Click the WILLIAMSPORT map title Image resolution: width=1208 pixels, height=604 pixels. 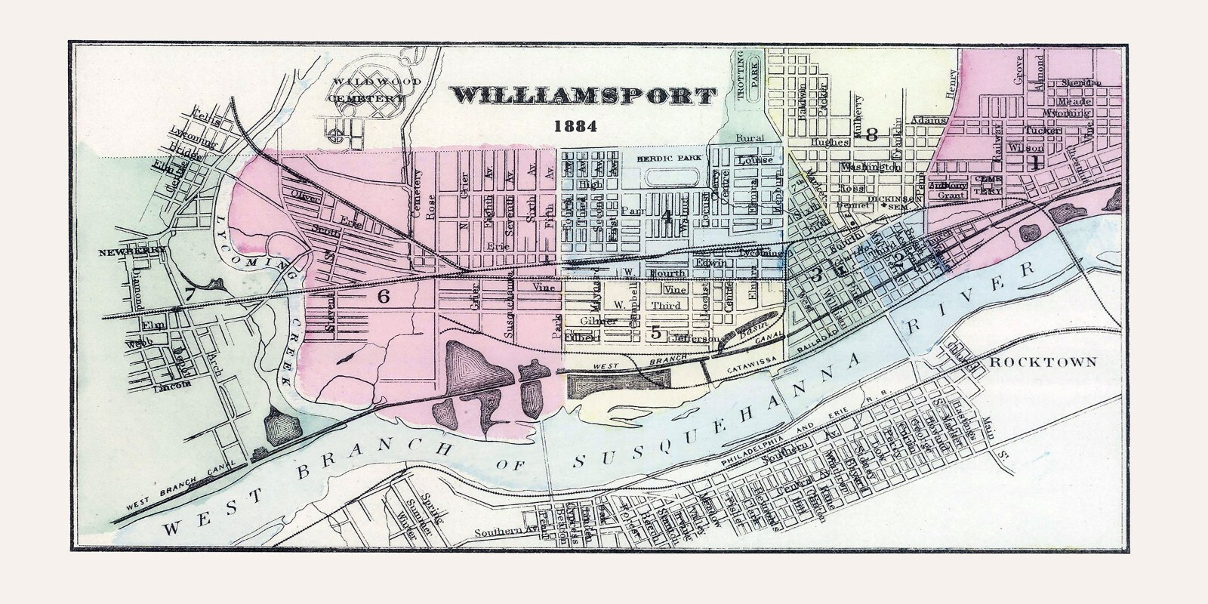coord(583,97)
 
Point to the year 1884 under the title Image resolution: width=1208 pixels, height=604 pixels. coord(576,125)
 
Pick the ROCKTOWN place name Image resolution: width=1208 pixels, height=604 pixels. coord(1043,362)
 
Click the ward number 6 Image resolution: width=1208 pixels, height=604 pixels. coord(384,297)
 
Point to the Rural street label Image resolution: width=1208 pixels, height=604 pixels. coord(752,139)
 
